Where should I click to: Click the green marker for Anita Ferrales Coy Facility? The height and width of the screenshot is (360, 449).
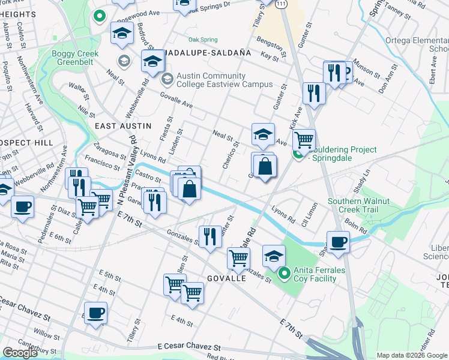[x=285, y=274]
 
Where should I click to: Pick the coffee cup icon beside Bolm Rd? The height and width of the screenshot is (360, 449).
[x=339, y=243]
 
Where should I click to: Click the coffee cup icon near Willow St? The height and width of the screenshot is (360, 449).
[x=95, y=313]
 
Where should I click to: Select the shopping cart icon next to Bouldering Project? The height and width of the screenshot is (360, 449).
[x=304, y=140]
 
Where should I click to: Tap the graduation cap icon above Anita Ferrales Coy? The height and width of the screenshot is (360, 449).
[x=274, y=256]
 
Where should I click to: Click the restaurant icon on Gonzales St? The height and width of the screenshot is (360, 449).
[x=209, y=236]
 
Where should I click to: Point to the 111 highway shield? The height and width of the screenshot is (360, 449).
[x=282, y=4]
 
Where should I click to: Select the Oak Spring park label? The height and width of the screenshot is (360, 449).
[x=203, y=40]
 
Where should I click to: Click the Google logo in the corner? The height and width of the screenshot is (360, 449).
[x=20, y=353]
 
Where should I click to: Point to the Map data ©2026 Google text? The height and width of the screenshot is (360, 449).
[x=411, y=355]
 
